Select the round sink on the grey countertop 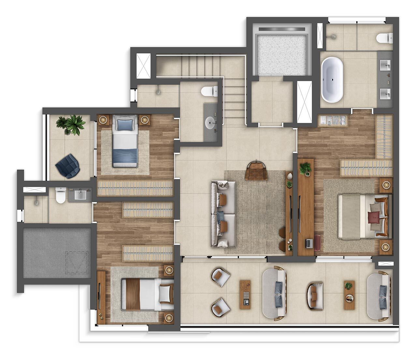(x=211, y=123)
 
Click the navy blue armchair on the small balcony (x=68, y=166)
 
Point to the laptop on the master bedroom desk (x=308, y=243)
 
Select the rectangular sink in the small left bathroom (x=80, y=195)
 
